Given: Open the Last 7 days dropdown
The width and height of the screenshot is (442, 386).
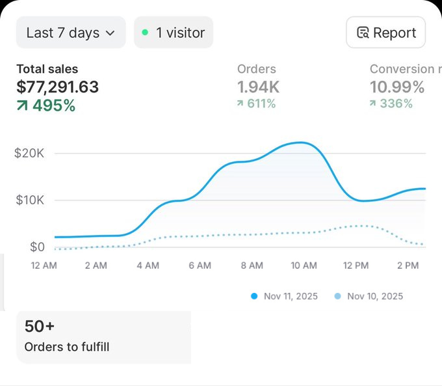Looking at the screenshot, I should pos(70,33).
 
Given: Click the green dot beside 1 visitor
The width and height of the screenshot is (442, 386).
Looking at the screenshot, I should pos(145,33).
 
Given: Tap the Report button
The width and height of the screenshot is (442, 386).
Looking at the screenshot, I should pos(385,33).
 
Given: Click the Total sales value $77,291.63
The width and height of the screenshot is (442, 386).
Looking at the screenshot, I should pos(58,87).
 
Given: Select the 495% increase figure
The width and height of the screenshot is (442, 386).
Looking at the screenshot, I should pos(45,105).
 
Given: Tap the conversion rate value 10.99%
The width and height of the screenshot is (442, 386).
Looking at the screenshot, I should pos(397,87).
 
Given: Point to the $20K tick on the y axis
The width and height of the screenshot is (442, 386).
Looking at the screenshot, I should pos(29,154).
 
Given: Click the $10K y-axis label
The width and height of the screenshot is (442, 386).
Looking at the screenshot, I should pos(29,200).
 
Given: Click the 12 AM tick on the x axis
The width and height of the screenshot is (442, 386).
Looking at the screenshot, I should pos(44,266).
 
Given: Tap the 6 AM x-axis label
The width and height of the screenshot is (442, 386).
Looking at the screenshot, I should pos(200,266).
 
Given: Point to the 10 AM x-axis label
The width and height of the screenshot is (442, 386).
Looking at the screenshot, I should pos(304,266).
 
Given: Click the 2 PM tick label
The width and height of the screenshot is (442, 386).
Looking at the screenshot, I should pos(408,266).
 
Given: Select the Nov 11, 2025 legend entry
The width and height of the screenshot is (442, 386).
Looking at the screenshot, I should pos(284,296).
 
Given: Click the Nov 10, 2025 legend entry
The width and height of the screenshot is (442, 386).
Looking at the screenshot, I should pos(368,296).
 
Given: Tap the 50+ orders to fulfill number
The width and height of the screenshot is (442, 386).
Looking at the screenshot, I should pos(39,327).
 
